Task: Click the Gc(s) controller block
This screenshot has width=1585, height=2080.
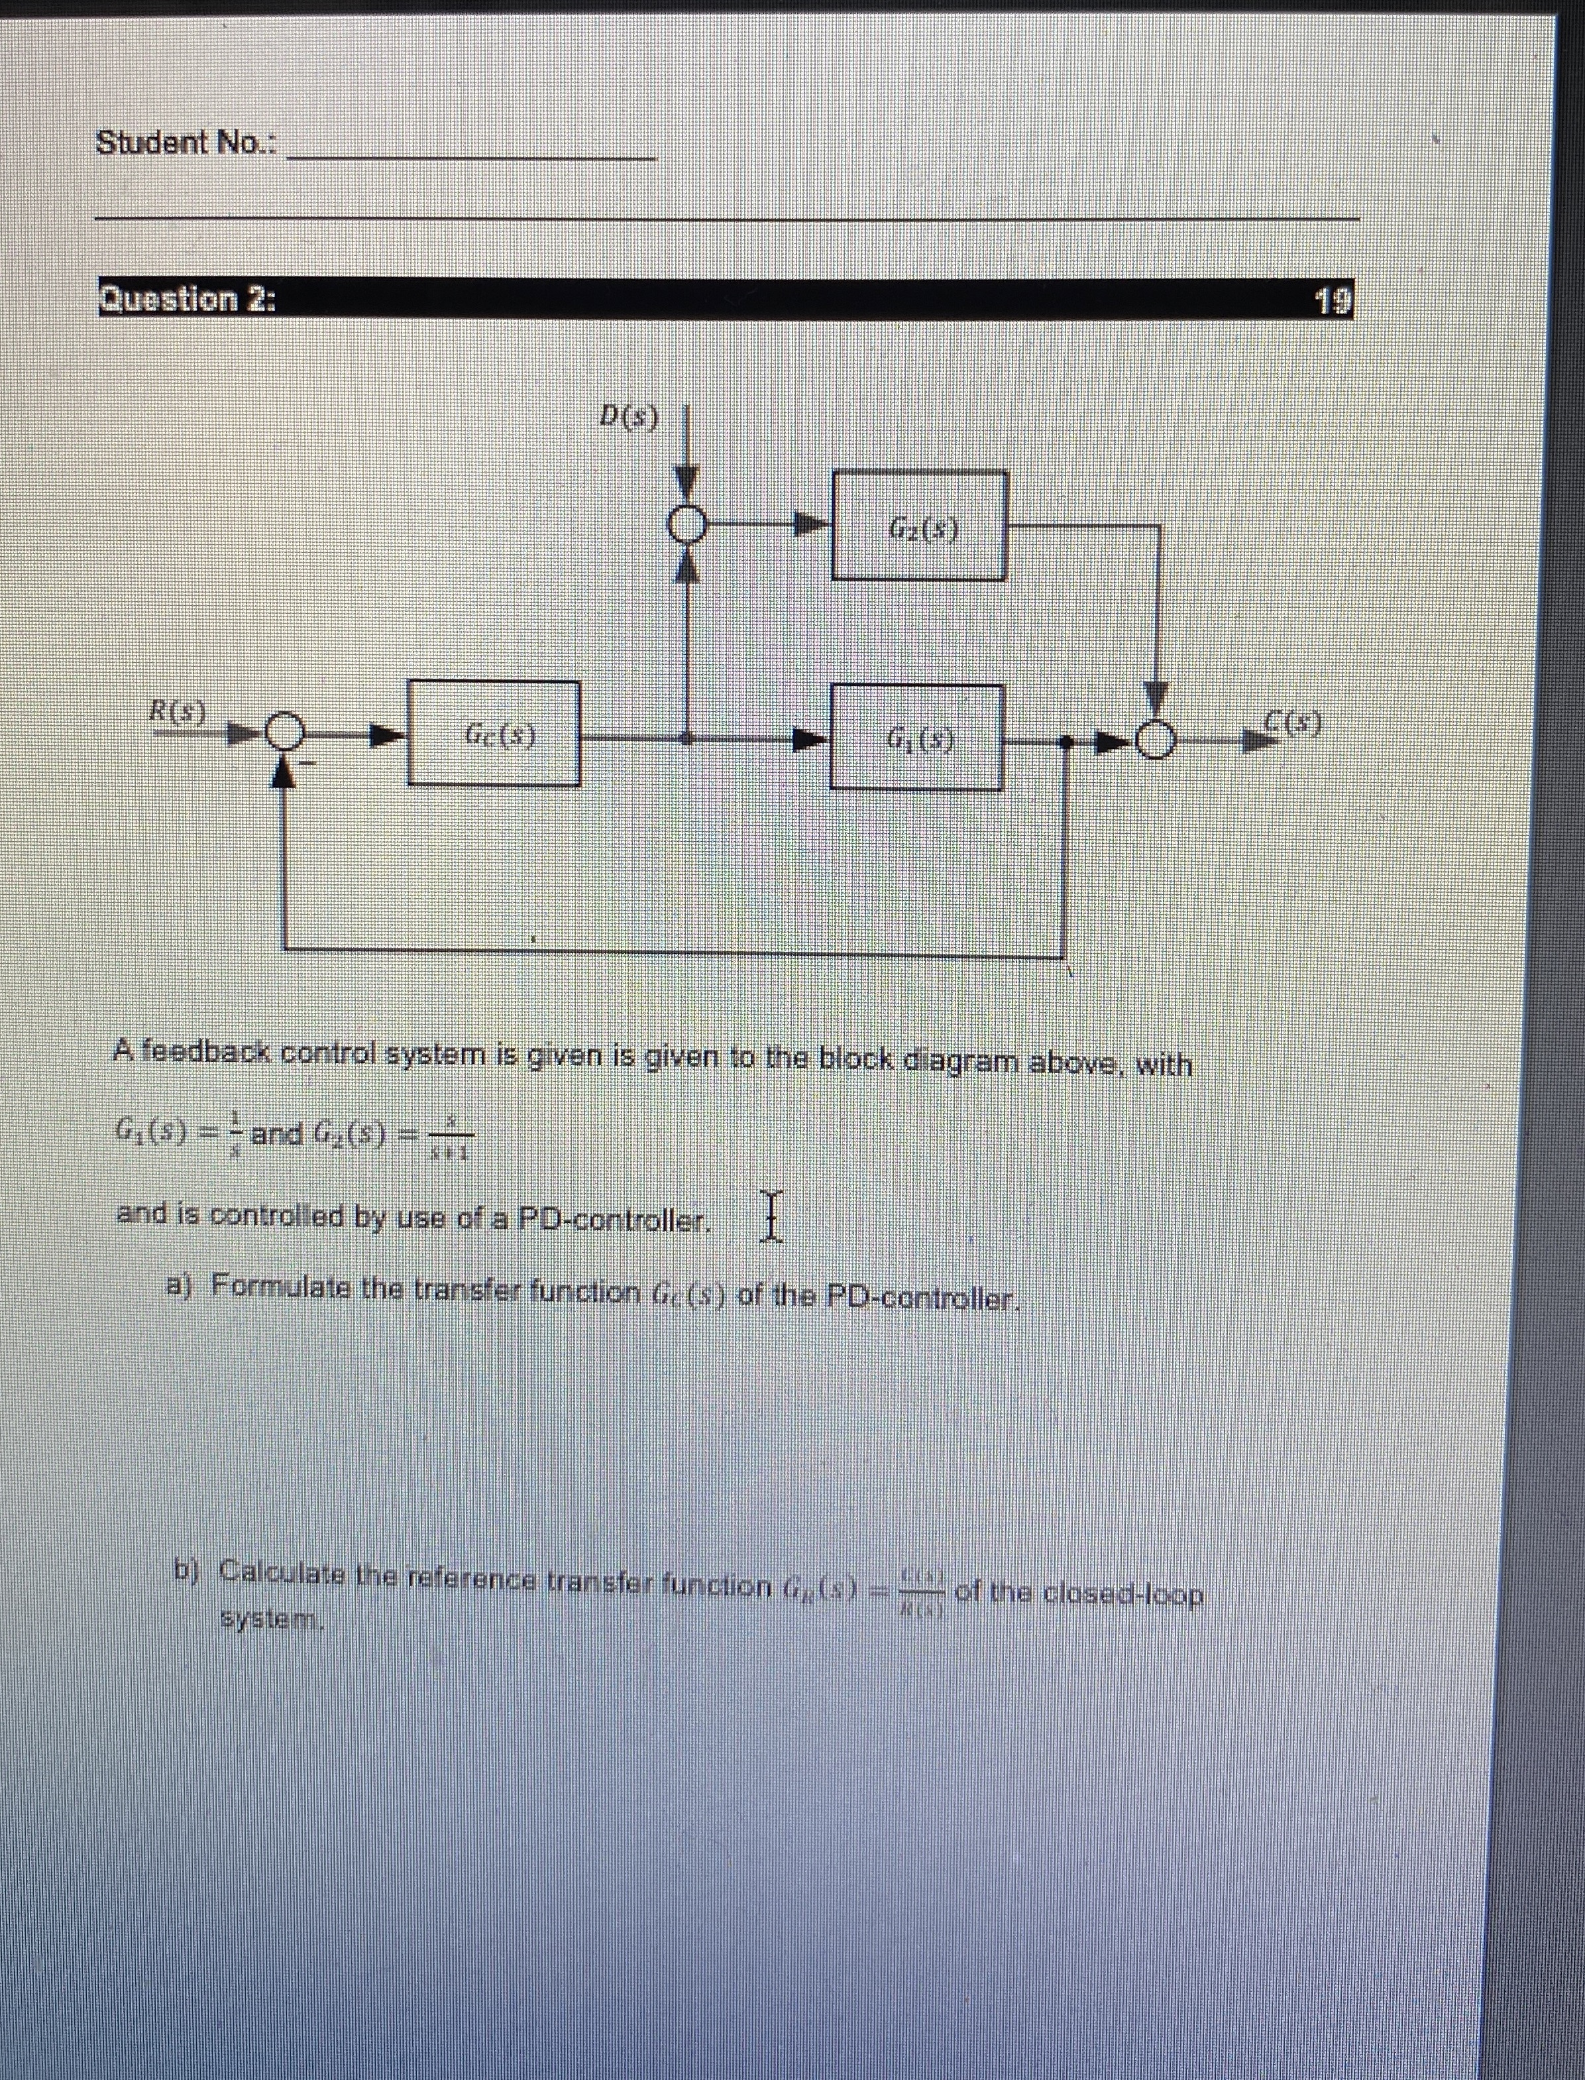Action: pyautogui.click(x=494, y=733)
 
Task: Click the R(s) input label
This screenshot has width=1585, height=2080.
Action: pyautogui.click(x=183, y=709)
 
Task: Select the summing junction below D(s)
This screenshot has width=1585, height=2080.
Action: pyautogui.click(x=688, y=524)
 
